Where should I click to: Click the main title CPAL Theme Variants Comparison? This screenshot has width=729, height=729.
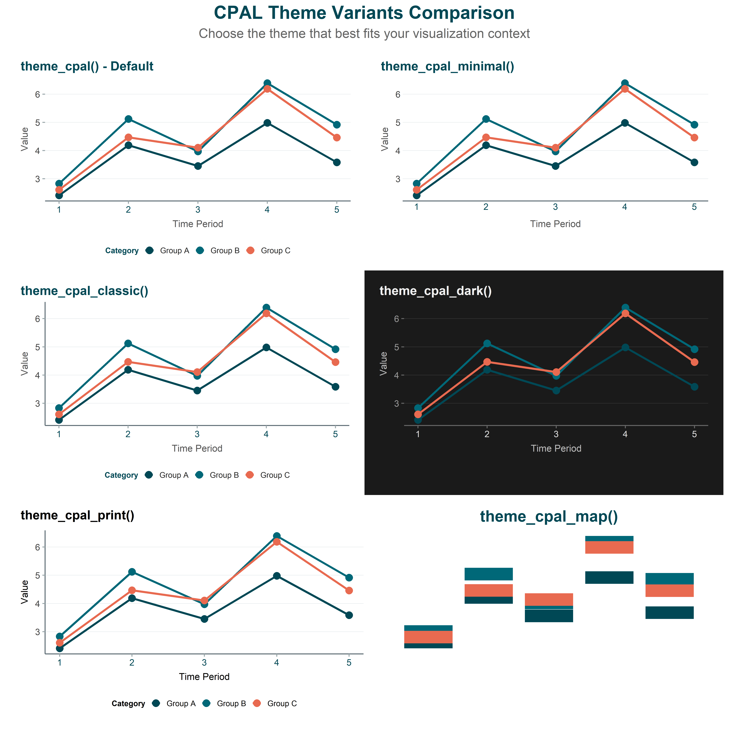point(364,13)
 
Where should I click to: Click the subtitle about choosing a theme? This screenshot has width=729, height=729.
point(364,34)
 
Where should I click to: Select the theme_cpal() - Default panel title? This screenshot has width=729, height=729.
point(87,66)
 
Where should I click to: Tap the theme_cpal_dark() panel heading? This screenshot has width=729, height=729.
point(435,291)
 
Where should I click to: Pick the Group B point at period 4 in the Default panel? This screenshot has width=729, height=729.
point(267,83)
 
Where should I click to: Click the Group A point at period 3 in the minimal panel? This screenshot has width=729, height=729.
point(555,166)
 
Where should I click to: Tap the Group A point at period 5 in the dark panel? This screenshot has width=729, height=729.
point(694,387)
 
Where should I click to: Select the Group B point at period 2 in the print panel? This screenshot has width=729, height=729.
point(132,572)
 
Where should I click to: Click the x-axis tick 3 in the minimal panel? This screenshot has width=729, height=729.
point(555,207)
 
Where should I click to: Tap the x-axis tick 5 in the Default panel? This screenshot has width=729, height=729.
point(337,210)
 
